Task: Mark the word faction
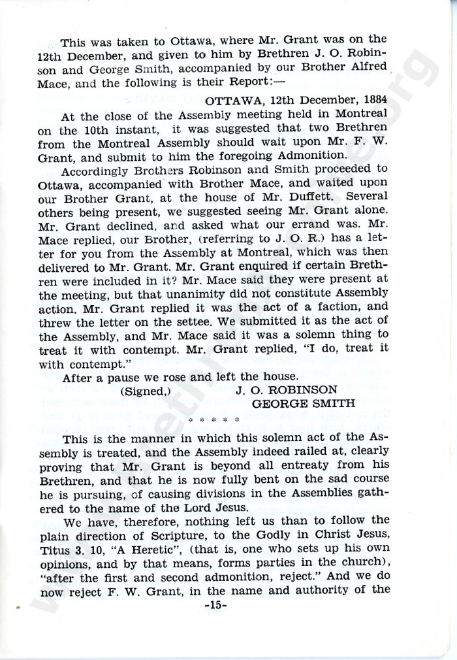[344, 306]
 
